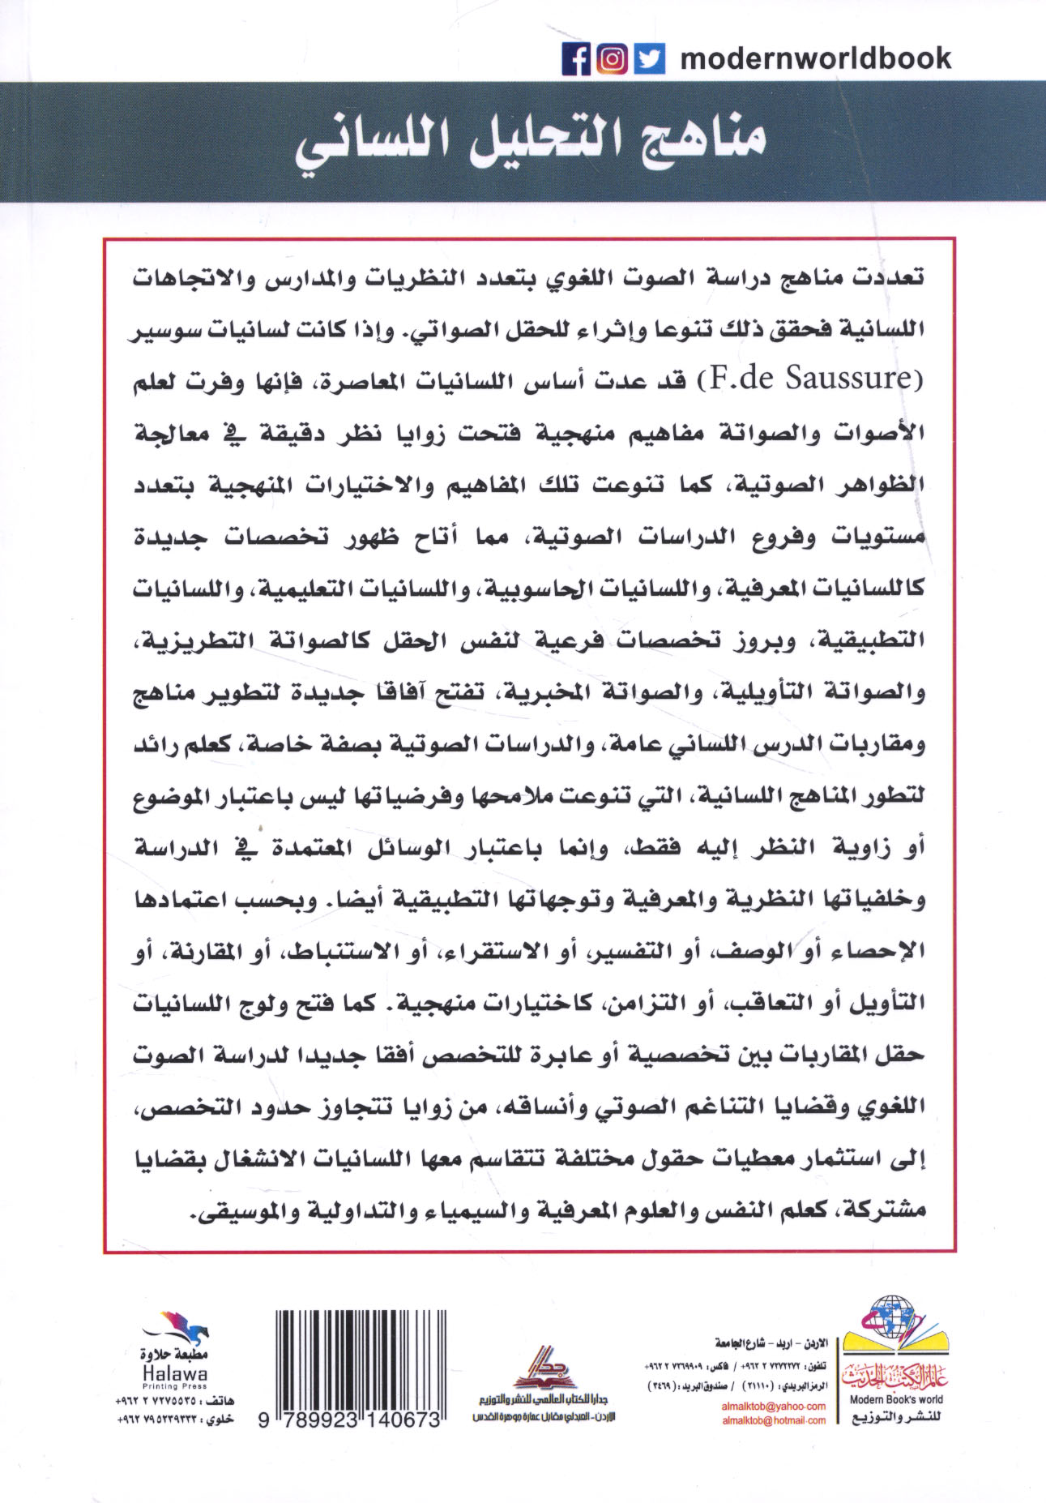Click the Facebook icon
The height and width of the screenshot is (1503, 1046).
(576, 59)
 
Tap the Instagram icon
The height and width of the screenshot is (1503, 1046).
(613, 59)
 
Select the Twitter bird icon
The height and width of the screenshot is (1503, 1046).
(649, 59)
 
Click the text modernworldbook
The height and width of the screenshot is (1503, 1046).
(815, 58)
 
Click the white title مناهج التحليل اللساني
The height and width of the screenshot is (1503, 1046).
(530, 144)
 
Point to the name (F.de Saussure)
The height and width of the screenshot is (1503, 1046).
(813, 379)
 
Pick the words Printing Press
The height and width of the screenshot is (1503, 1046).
(174, 1386)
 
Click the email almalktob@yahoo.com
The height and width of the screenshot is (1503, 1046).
(773, 1406)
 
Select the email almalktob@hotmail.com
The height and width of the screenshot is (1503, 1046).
(773, 1419)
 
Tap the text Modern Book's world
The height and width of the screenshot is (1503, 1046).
(895, 1399)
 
